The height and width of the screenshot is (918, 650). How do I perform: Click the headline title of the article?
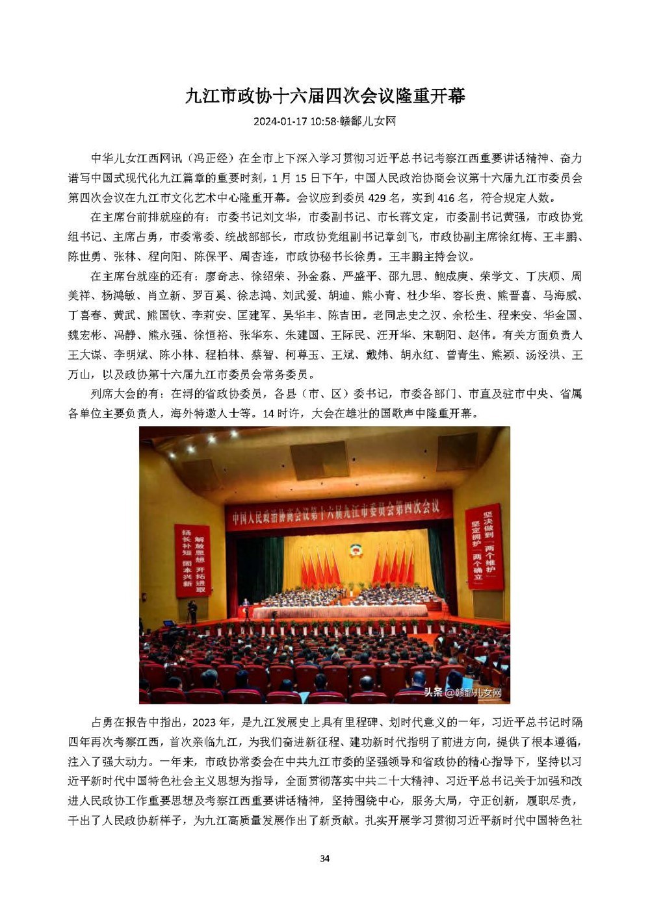click(325, 96)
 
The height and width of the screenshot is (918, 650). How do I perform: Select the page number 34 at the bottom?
click(325, 858)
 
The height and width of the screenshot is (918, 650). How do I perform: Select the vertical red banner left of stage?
click(192, 560)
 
